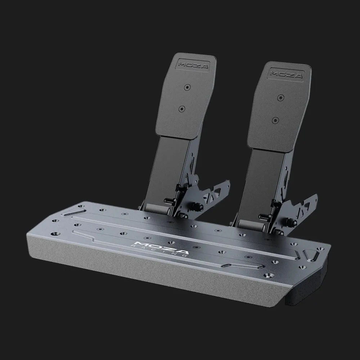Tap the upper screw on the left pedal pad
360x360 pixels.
(188, 87)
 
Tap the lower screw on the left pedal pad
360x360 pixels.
(182, 108)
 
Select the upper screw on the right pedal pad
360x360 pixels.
(280, 98)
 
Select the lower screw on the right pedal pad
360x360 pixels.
(275, 120)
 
